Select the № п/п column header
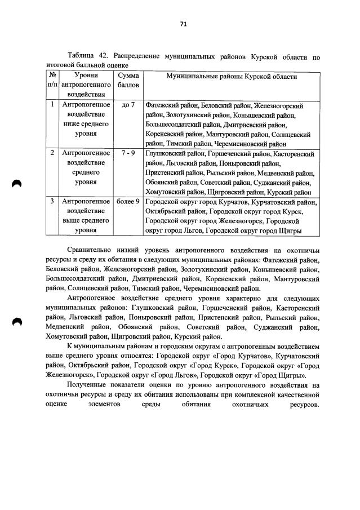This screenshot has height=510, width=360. (x=52, y=79)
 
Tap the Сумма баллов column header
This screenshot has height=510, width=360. (x=128, y=79)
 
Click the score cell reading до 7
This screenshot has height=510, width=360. (x=128, y=105)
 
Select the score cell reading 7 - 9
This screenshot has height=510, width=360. (x=128, y=153)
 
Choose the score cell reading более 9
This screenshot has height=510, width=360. (x=128, y=201)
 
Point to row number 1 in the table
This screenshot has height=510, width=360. (x=52, y=105)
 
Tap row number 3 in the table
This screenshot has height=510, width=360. (x=52, y=201)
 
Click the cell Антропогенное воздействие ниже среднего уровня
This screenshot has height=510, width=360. (x=86, y=119)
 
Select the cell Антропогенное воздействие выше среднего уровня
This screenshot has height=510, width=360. (x=86, y=216)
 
